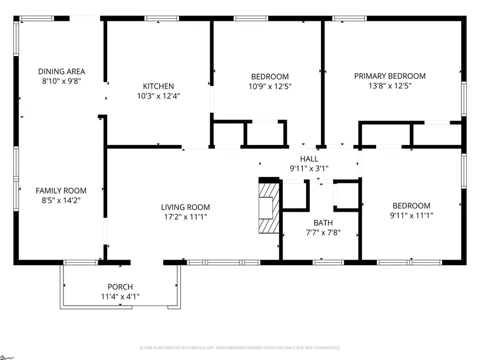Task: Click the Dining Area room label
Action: [61, 71]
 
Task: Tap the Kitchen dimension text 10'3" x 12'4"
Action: [158, 97]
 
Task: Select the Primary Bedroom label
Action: [390, 76]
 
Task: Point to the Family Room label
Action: [61, 190]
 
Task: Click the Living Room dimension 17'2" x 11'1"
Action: [186, 217]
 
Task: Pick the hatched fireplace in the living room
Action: [268, 206]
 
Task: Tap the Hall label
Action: [309, 159]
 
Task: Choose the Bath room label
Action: [323, 223]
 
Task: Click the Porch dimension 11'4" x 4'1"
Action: [120, 296]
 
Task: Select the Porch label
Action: [120, 287]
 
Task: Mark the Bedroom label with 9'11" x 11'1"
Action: [411, 206]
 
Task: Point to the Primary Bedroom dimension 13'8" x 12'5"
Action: [390, 86]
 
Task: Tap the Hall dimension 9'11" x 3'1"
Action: [309, 169]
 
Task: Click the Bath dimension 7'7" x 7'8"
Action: [323, 233]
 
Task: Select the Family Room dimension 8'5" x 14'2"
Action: [61, 200]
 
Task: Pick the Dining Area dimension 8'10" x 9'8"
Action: [61, 81]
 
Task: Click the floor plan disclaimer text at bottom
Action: [239, 348]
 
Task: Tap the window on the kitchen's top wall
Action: [162, 19]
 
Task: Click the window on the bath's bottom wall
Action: [328, 262]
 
